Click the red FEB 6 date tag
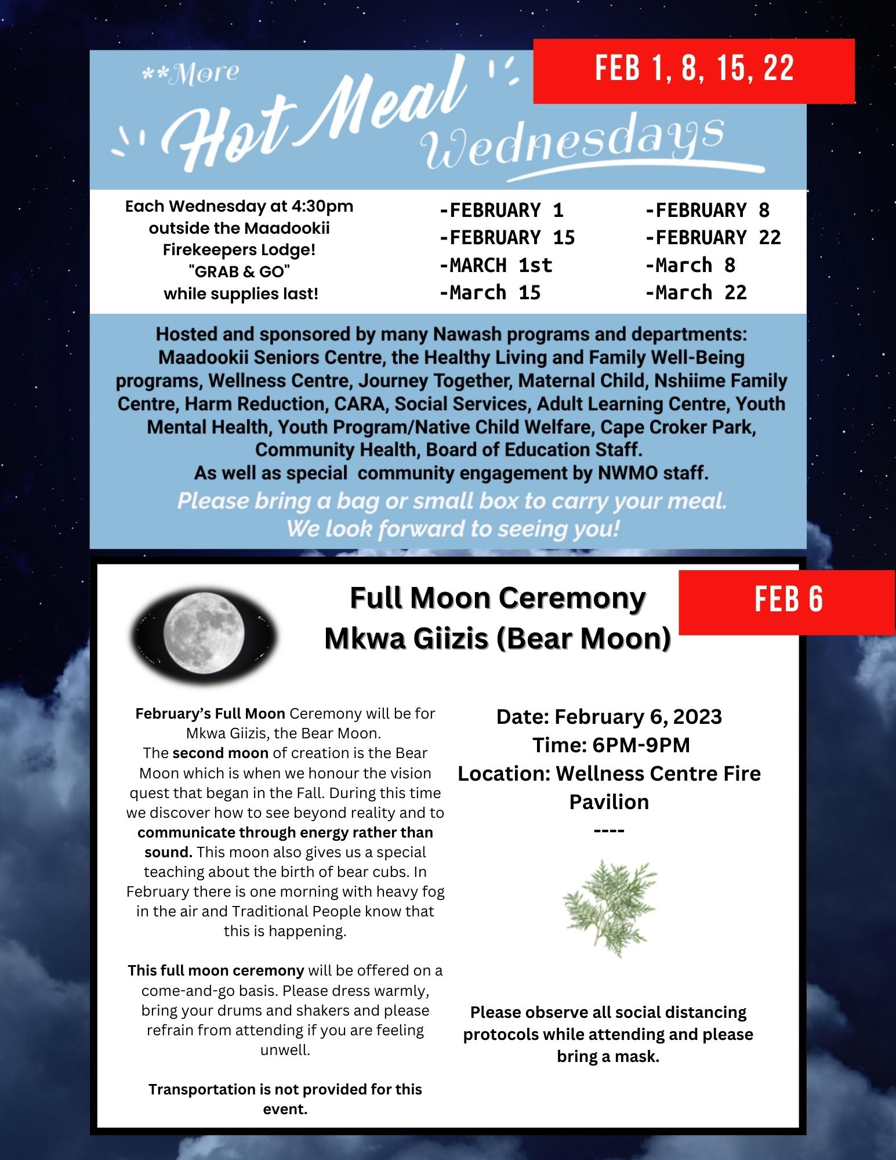tap(788, 599)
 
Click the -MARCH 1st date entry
tap(496, 265)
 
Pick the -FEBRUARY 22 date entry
tap(713, 237)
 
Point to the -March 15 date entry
tap(490, 292)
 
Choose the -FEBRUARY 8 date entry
tap(708, 210)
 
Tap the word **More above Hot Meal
tap(191, 73)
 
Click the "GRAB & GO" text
tap(240, 271)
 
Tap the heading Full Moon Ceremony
tap(498, 598)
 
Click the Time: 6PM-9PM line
tap(611, 745)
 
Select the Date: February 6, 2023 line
tap(609, 717)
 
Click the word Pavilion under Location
tap(609, 802)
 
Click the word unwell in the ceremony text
tap(285, 1050)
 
